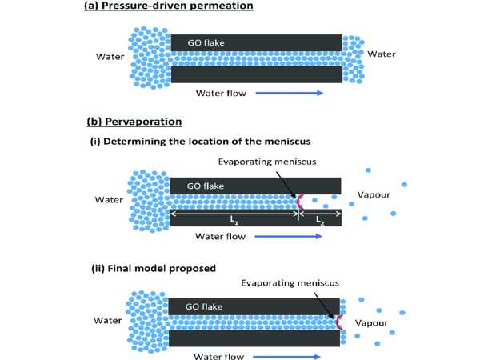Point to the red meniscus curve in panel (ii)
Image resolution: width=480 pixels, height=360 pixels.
(x=341, y=322)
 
